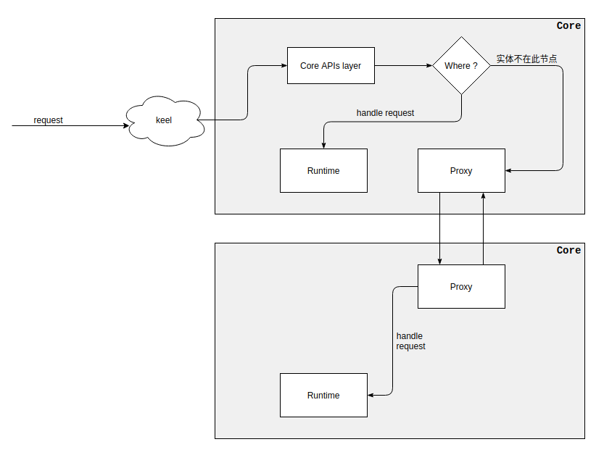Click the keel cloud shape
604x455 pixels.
point(165,120)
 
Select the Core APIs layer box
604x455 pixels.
point(331,66)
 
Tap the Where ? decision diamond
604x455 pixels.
point(461,66)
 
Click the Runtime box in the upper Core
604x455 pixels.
point(323,171)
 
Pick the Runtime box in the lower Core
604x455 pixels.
point(323,396)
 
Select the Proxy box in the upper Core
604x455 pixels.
point(461,171)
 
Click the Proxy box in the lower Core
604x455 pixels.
point(461,287)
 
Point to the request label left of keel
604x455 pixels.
point(49,120)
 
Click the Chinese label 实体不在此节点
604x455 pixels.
point(526,59)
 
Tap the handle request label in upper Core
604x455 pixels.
point(385,113)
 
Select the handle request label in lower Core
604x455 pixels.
point(410,341)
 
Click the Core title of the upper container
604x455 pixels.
point(568,26)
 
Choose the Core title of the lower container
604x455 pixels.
point(568,251)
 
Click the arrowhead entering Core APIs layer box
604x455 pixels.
point(284,66)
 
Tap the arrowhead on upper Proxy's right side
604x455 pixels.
point(509,171)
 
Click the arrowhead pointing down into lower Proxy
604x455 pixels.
point(439,261)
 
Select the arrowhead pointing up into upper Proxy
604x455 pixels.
point(483,196)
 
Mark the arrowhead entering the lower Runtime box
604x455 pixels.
point(371,396)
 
